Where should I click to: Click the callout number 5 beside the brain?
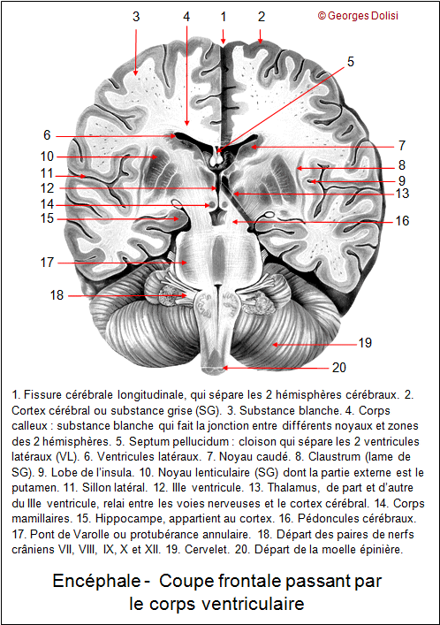351,62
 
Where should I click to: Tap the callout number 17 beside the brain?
47,263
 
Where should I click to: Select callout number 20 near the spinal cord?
338,368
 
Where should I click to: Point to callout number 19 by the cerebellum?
365,343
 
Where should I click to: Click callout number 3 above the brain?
136,17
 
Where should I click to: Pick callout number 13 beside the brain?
403,194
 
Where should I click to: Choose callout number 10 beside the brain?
47,156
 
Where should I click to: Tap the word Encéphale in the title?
96,581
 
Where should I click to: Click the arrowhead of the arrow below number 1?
224,42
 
